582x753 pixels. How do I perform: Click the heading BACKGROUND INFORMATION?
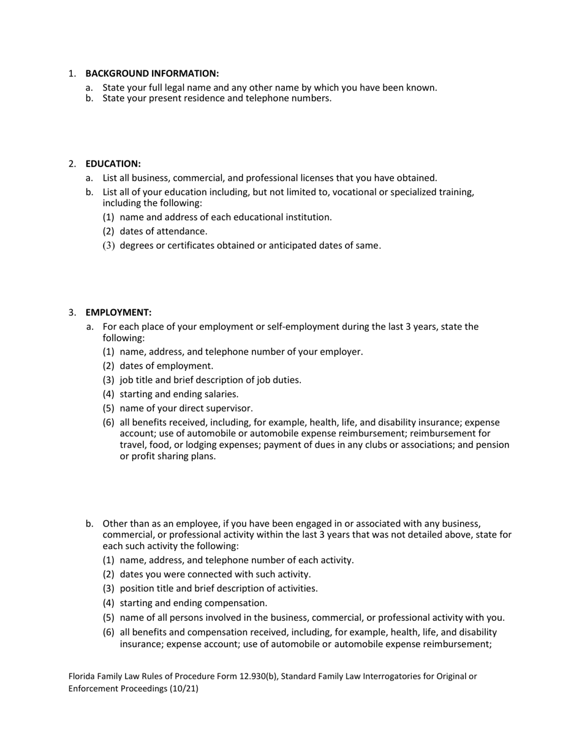pyautogui.click(x=152, y=73)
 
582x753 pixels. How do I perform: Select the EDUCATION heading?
pyautogui.click(x=113, y=163)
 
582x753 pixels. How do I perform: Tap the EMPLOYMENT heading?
pyautogui.click(x=118, y=312)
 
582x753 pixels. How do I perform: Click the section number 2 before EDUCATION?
pyautogui.click(x=72, y=163)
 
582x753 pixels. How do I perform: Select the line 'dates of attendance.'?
pyautogui.click(x=164, y=231)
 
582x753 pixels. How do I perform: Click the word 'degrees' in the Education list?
pyautogui.click(x=137, y=246)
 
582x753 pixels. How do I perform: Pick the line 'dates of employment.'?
pyautogui.click(x=167, y=366)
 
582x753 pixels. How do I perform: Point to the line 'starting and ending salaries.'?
pyautogui.click(x=179, y=394)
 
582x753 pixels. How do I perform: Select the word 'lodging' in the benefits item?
pyautogui.click(x=190, y=444)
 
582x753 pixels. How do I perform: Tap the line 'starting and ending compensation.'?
pyautogui.click(x=194, y=603)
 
